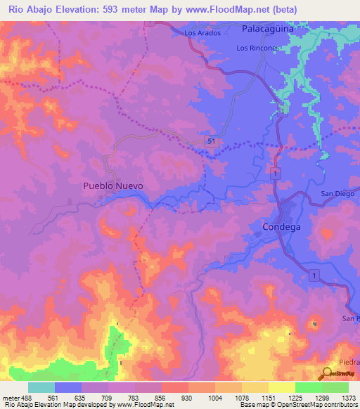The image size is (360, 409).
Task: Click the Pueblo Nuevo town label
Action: pyautogui.click(x=113, y=186)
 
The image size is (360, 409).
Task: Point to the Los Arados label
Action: pyautogui.click(x=202, y=33)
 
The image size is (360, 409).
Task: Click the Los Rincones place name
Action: pyautogui.click(x=258, y=48)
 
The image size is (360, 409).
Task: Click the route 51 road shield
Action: pyautogui.click(x=213, y=142)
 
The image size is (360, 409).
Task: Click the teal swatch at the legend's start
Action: pyautogui.click(x=41, y=387)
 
